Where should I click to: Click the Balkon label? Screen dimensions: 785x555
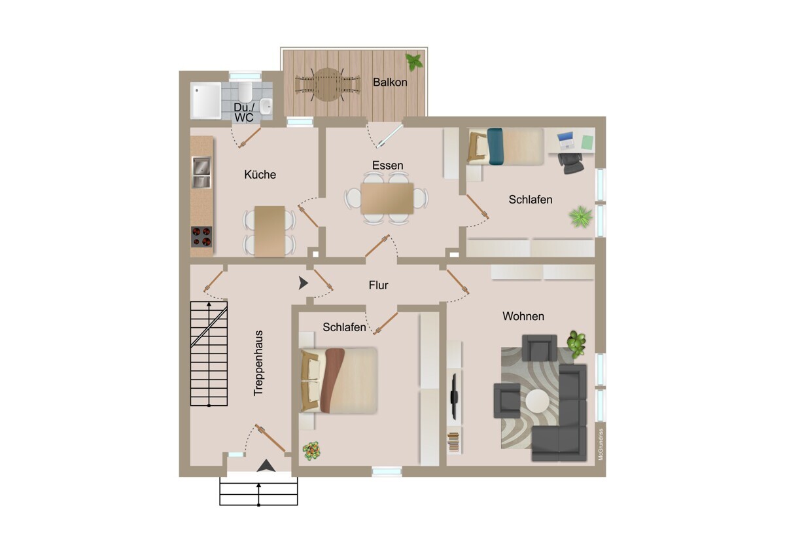point(390,82)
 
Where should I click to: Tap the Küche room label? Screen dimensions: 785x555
point(260,174)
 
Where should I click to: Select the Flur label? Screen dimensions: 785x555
point(379,285)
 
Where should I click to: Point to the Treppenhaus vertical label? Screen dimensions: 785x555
point(258,363)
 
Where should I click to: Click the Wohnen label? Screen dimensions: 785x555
point(523,316)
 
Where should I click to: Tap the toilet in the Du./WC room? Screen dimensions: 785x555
point(245,92)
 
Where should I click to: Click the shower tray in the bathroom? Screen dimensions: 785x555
point(205,100)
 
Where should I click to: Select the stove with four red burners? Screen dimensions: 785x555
point(201,237)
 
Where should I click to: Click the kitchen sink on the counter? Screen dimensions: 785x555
point(201,171)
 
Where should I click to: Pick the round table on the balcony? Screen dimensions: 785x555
point(327,85)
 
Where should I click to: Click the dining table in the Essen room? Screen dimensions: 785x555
point(387,198)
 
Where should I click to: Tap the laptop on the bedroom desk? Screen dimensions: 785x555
point(565,140)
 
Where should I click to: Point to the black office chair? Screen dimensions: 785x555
point(571,163)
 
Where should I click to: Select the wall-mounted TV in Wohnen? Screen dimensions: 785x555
point(454,396)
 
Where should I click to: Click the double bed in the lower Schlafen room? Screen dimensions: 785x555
point(339,380)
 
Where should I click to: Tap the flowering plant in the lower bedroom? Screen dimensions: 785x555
point(311,450)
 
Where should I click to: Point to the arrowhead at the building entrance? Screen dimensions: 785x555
point(266,465)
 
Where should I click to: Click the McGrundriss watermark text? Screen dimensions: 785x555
point(601,444)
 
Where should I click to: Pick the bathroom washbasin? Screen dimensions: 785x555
point(267,106)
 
